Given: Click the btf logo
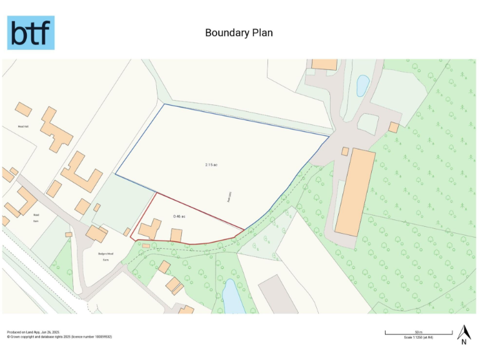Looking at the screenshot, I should point(31,33).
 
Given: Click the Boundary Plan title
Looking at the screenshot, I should point(239,32).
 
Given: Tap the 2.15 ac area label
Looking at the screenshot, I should point(211,165).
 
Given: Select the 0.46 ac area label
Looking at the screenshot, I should point(180,216).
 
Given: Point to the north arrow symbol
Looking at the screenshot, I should point(464,334).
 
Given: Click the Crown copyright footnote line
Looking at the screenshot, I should point(59,337).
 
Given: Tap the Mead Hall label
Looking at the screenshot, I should point(24,126).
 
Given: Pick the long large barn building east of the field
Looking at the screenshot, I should point(355,191).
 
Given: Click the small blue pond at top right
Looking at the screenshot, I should point(362,86).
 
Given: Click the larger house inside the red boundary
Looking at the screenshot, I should point(150,229).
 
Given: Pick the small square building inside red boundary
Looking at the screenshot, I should point(176,236).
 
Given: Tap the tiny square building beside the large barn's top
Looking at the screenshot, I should point(345,151).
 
